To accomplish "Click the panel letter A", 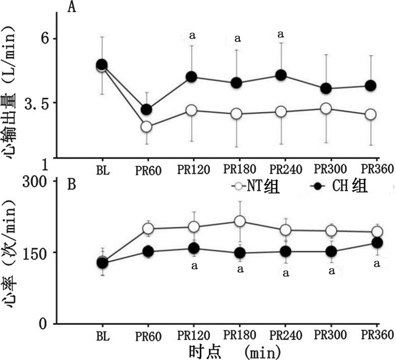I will coord(72,7).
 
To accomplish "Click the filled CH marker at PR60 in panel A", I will coord(147,109).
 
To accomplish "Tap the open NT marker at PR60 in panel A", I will coord(147,126).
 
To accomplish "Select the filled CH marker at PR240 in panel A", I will coord(281,75).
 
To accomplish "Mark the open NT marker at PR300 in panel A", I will coord(325,108).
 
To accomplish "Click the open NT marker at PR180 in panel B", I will coord(240,221).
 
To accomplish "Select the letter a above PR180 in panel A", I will coord(238,39).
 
